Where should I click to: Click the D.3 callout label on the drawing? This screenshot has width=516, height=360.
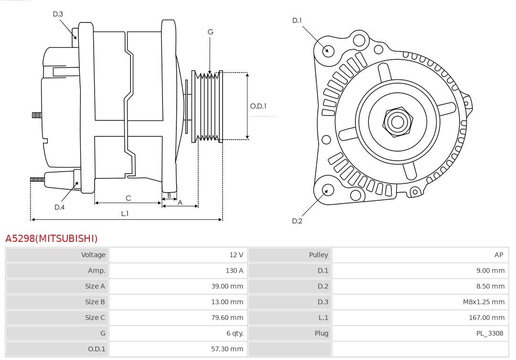pyautogui.click(x=58, y=14)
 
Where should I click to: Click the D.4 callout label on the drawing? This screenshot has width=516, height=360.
pyautogui.click(x=59, y=207)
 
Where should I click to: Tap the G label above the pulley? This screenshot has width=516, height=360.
pyautogui.click(x=210, y=32)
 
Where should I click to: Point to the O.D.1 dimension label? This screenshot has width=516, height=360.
pyautogui.click(x=258, y=106)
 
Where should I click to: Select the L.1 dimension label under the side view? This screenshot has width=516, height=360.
pyautogui.click(x=125, y=214)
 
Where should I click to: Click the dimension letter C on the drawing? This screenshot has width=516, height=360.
pyautogui.click(x=128, y=198)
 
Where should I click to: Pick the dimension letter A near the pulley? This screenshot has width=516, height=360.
pyautogui.click(x=180, y=203)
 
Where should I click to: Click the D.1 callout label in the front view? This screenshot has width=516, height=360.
pyautogui.click(x=297, y=21)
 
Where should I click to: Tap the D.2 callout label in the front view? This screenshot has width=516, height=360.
pyautogui.click(x=297, y=221)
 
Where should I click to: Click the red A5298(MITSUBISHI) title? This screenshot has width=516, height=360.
pyautogui.click(x=51, y=238)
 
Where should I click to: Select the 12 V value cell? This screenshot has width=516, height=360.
pyautogui.click(x=236, y=255)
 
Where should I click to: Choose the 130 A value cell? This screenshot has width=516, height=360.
pyautogui.click(x=234, y=271)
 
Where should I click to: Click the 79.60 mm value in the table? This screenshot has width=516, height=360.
pyautogui.click(x=227, y=317)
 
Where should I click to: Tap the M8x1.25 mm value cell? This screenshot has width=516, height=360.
pyautogui.click(x=484, y=302)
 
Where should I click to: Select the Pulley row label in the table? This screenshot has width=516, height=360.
pyautogui.click(x=318, y=255)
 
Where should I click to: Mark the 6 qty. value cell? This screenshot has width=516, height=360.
pyautogui.click(x=233, y=333)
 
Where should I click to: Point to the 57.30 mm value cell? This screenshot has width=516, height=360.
pyautogui.click(x=227, y=349)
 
